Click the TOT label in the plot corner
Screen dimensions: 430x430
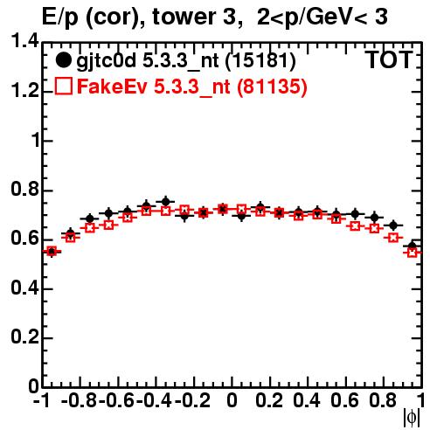(389, 60)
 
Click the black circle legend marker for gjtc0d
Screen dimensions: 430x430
(63, 60)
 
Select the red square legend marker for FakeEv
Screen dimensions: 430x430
(63, 87)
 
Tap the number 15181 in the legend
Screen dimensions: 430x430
(260, 61)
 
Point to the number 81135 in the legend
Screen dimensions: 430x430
(272, 87)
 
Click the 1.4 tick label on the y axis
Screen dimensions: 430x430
(24, 41)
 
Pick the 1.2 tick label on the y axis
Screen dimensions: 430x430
(24, 91)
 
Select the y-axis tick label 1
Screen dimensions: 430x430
(35, 140)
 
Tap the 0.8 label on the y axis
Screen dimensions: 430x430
(24, 190)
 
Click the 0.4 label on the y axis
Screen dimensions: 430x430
(24, 288)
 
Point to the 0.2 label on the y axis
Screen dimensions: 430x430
(24, 337)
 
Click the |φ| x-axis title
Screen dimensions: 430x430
(412, 418)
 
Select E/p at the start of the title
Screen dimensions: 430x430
(60, 17)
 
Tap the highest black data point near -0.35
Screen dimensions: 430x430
(165, 201)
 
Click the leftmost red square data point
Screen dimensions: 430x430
(52, 252)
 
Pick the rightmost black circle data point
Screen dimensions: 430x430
(412, 246)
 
